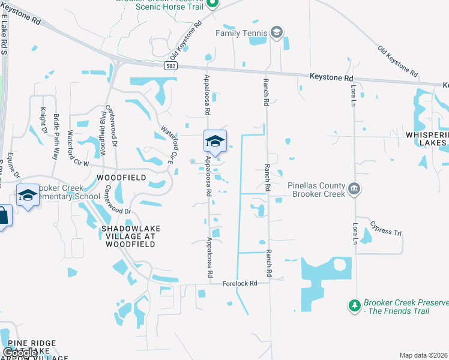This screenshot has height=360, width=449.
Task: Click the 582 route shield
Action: click(x=172, y=66)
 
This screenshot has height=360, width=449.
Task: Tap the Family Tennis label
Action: click(x=240, y=33)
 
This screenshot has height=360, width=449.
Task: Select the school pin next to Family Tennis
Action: click(x=277, y=32)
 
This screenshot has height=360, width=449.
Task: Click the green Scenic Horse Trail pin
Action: click(x=212, y=4)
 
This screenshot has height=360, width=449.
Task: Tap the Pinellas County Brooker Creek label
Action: click(x=316, y=190)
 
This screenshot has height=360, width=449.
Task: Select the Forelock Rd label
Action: click(x=240, y=283)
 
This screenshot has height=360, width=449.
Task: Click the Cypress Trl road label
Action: click(x=386, y=230)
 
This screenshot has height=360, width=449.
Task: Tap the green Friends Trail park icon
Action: click(x=355, y=306)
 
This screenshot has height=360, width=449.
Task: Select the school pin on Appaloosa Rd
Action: click(x=215, y=142)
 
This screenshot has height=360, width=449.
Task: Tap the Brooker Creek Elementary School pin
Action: click(x=28, y=196)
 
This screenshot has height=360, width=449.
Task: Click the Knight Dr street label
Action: click(x=43, y=120)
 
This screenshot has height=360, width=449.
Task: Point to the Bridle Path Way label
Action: click(x=56, y=136)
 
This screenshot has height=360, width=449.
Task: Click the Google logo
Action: click(x=19, y=353)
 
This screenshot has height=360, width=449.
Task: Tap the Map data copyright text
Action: click(x=424, y=355)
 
